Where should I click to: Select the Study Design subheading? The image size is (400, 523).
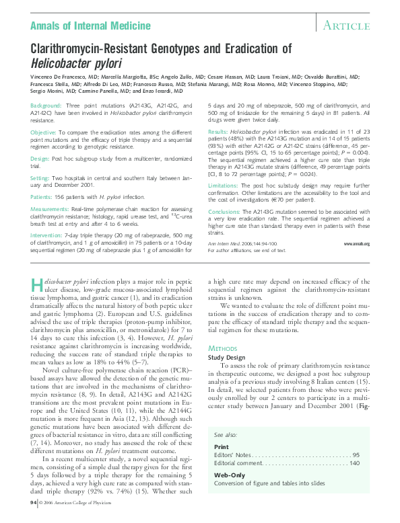[x=228, y=357]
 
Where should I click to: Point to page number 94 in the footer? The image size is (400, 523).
[x=34, y=502]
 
